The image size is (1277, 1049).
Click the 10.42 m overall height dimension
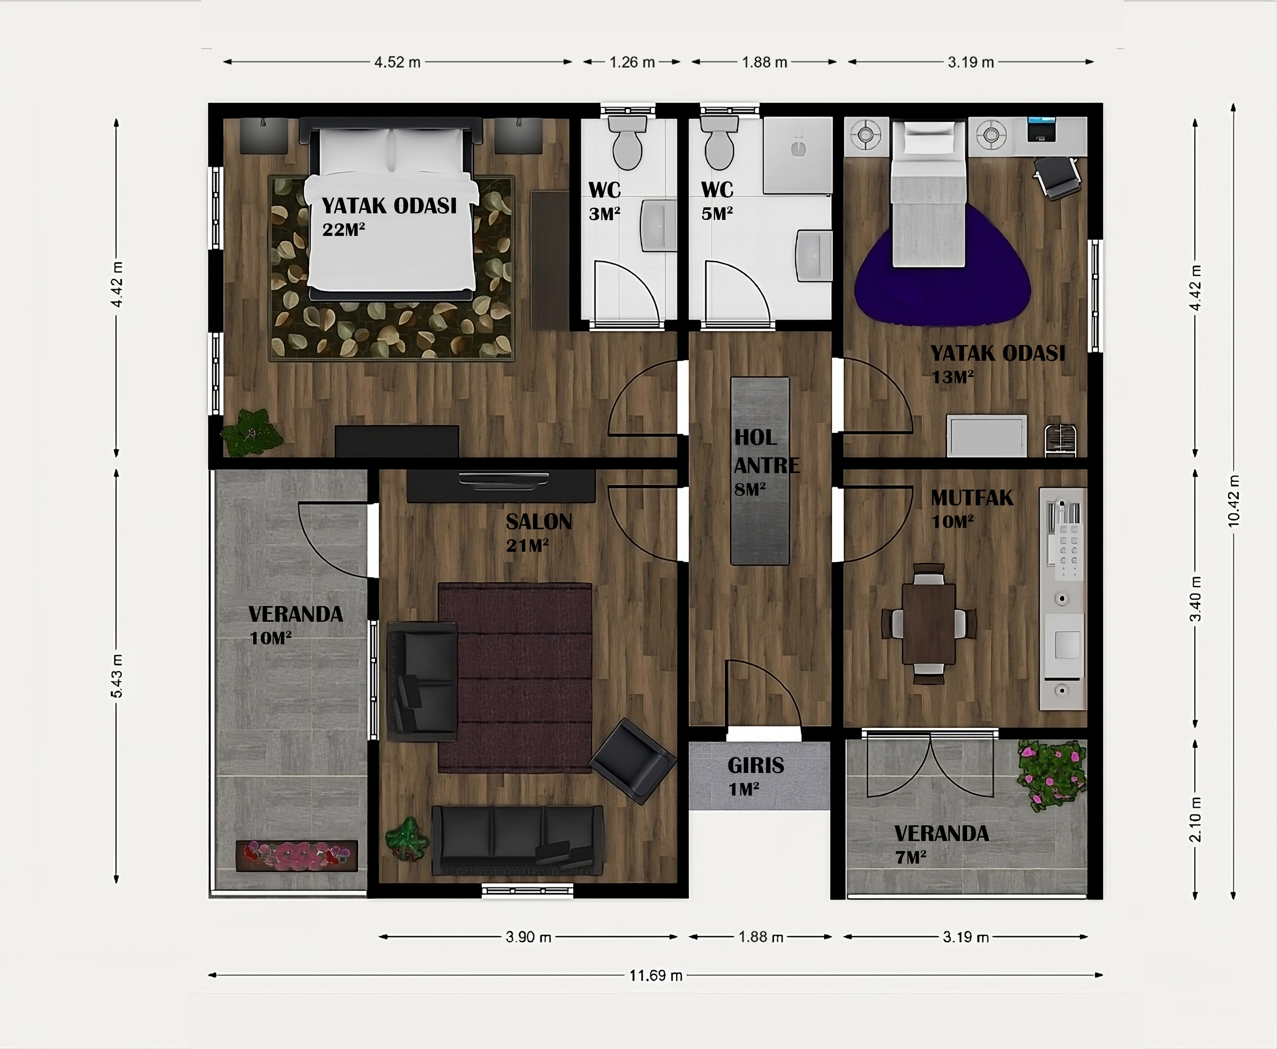tap(1233, 501)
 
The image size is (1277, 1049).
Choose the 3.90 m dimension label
tap(528, 937)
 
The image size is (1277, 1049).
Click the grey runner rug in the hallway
tap(760, 471)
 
